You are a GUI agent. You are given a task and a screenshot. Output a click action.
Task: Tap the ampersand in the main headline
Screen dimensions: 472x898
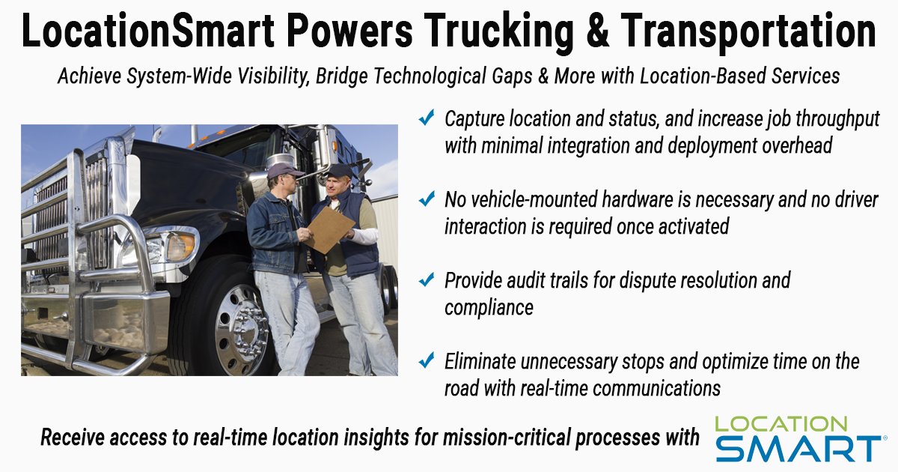click(596, 31)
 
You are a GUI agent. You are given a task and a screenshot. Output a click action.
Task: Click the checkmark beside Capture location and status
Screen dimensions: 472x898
click(427, 118)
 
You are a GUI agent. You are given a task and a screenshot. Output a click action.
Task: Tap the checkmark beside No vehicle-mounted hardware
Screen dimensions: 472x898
click(427, 200)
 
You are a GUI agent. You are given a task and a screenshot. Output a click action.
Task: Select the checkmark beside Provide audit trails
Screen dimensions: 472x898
click(427, 281)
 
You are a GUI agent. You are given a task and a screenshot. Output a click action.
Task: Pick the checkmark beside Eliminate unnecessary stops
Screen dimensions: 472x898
click(427, 362)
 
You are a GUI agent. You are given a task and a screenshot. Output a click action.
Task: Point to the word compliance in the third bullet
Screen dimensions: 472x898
click(489, 308)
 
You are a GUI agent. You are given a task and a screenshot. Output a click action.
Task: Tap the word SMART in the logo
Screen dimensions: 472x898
click(797, 447)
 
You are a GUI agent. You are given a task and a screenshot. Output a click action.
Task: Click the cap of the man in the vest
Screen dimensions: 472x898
click(340, 171)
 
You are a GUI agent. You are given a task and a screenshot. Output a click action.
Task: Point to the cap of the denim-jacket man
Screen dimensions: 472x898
click(285, 170)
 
